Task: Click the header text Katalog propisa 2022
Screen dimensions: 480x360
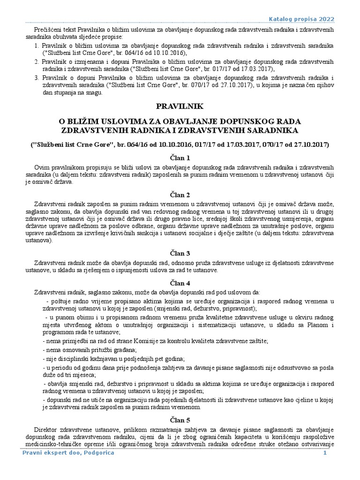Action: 301,18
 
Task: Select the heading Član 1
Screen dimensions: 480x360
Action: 180,157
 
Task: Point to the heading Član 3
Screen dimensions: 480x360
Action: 180,253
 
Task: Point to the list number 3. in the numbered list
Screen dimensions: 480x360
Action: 37,77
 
